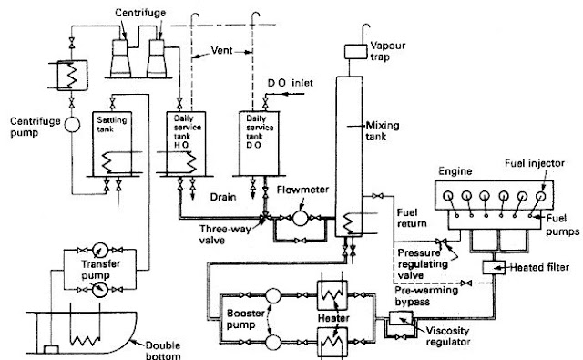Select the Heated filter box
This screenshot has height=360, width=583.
pos(497,267)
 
